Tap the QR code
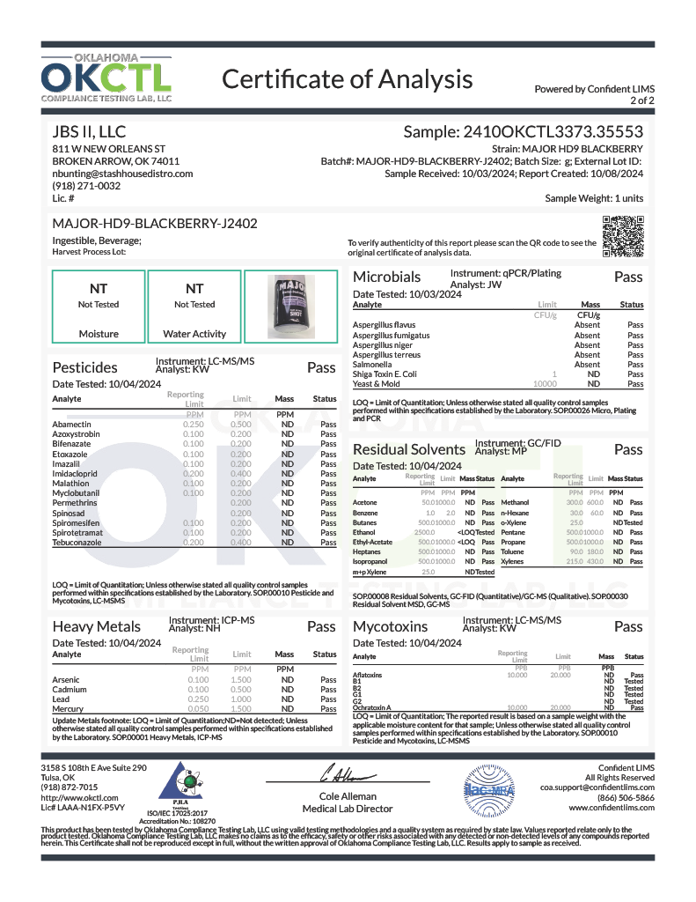tap(622, 235)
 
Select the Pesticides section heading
tap(85, 367)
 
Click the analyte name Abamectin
tap(71, 424)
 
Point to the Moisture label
tap(99, 334)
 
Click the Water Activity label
tap(194, 334)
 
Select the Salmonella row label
tap(372, 364)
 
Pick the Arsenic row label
tap(67, 680)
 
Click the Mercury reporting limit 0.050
tap(199, 708)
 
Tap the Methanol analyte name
tap(515, 501)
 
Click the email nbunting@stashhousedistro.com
tap(122, 174)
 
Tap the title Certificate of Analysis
tap(347, 79)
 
